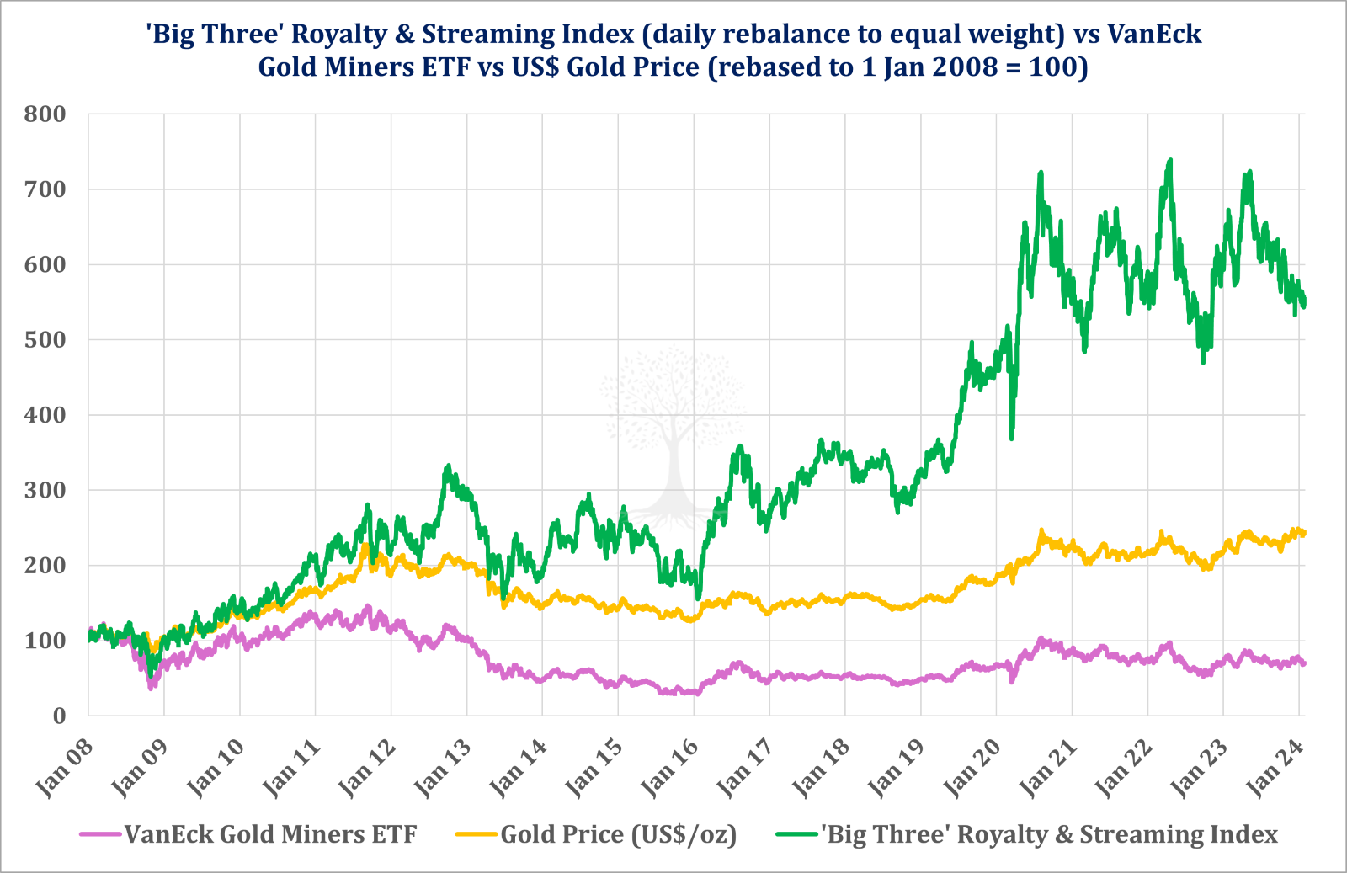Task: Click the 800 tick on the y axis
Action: coord(45,114)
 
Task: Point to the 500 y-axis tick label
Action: coord(45,340)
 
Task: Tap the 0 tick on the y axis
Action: coord(58,716)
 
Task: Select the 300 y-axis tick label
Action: coord(45,490)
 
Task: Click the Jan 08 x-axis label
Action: coord(64,768)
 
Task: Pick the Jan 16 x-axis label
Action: coord(669,768)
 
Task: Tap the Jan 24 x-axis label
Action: coord(1275,768)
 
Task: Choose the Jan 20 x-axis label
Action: coord(972,768)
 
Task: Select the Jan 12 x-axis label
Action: coord(367,768)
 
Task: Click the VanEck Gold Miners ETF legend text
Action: coord(270,834)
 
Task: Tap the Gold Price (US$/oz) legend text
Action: coord(619,834)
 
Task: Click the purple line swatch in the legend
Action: coord(101,834)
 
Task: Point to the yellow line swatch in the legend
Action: coord(477,834)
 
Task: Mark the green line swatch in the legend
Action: coord(796,834)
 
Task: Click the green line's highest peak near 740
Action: coord(1169,161)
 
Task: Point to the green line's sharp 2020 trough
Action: coord(1011,437)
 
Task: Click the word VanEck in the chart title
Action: coord(1154,34)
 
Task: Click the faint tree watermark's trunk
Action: coord(673,471)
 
